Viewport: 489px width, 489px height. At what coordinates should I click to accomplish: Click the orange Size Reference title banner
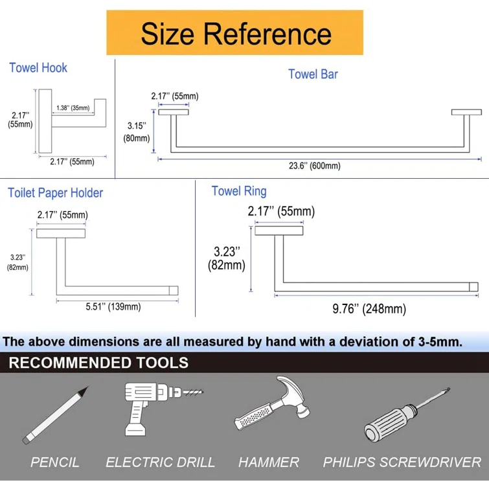(234, 33)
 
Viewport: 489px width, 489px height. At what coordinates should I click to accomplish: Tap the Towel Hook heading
(38, 67)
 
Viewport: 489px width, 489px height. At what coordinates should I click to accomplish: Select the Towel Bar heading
(313, 74)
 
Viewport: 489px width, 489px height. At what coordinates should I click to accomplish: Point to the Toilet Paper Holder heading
(56, 192)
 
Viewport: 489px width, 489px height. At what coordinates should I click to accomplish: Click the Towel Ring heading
(239, 191)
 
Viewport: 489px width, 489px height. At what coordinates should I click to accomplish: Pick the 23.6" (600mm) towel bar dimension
(314, 166)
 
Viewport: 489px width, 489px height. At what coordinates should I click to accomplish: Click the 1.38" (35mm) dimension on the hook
(73, 108)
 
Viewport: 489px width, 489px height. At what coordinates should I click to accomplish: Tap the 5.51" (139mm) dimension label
(113, 306)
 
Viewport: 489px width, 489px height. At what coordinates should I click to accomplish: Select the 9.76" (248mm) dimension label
(369, 309)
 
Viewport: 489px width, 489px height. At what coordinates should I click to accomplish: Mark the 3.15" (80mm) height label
(137, 131)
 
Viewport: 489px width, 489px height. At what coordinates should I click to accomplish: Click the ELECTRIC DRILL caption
(160, 462)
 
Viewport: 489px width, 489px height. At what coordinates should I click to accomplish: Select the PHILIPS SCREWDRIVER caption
(402, 462)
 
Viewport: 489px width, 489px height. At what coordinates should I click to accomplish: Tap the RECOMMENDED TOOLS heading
(98, 363)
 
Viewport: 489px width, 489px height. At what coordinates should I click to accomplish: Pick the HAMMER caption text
(269, 462)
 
